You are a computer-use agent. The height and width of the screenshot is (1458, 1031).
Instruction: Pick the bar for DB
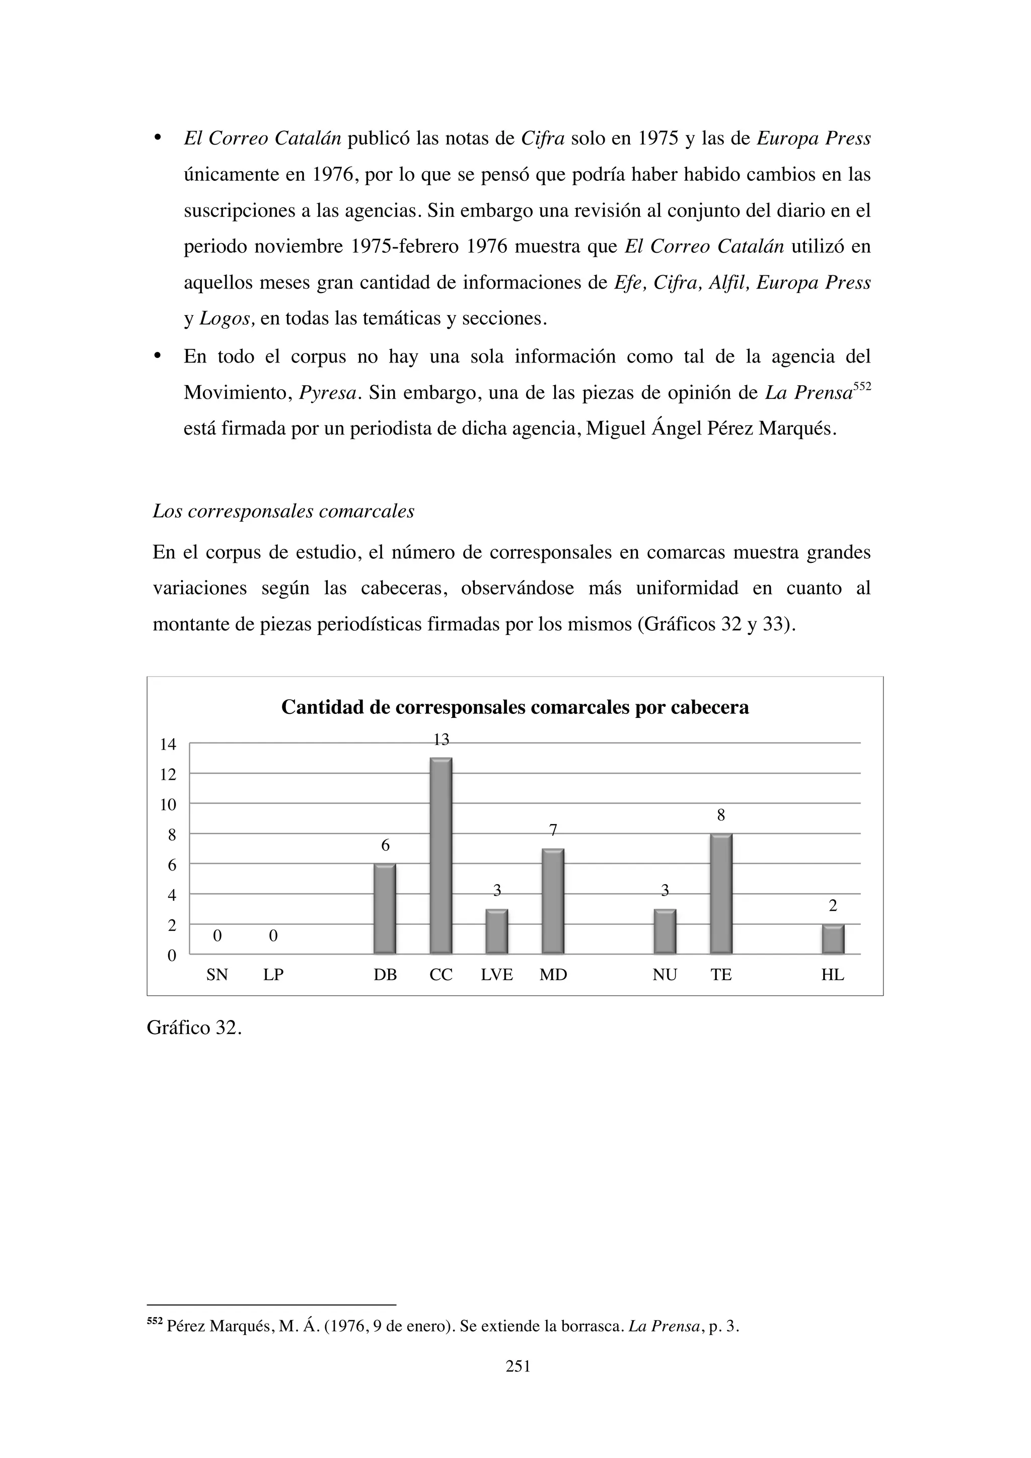(x=385, y=909)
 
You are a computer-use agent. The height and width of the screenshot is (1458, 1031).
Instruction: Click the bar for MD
(x=553, y=901)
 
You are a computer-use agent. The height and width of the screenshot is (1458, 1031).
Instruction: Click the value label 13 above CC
(x=441, y=740)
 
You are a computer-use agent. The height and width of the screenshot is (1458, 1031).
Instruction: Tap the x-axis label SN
(x=217, y=975)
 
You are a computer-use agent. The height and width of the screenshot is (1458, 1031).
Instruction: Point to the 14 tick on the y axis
(x=168, y=744)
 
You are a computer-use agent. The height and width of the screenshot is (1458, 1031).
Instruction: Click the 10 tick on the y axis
(x=168, y=805)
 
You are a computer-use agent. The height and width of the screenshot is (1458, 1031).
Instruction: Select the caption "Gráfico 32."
(x=194, y=1028)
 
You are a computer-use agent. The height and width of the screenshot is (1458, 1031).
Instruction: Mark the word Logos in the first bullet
(x=227, y=318)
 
